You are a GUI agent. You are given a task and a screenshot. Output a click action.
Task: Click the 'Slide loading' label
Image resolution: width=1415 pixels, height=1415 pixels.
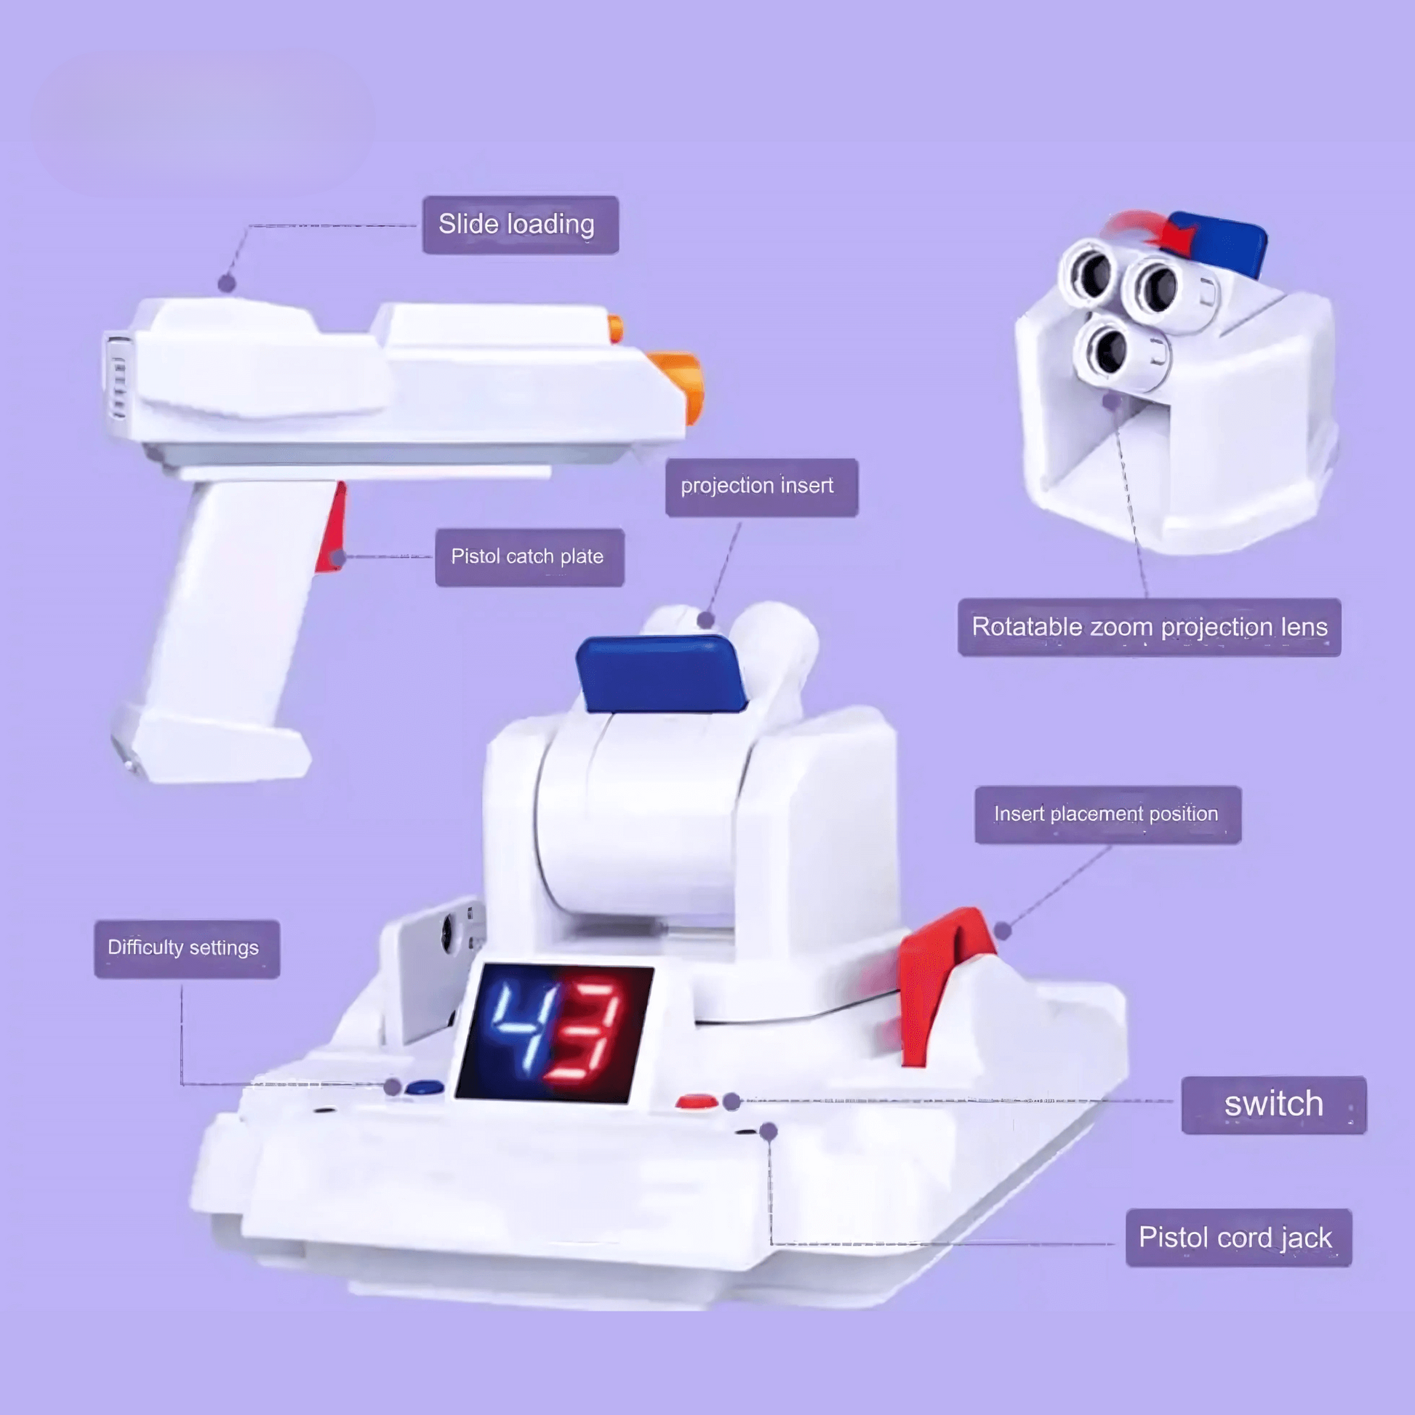click(520, 225)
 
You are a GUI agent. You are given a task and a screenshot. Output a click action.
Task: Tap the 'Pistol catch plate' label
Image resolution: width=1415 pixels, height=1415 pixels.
click(529, 557)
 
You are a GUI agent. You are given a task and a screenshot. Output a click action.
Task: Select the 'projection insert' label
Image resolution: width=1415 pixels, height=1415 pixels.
click(762, 487)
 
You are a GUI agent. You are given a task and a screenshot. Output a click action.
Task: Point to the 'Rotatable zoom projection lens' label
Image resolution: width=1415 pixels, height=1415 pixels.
click(1149, 627)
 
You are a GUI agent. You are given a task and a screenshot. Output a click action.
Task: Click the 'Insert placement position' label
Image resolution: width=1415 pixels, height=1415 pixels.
click(1107, 814)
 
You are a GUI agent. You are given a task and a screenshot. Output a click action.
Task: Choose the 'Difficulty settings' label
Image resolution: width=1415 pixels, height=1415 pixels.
click(187, 948)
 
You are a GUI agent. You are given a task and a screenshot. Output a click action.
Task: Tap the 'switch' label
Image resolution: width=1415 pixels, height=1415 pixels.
click(1274, 1105)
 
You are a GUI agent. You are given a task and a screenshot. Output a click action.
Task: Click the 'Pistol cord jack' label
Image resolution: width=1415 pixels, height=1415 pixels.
click(1238, 1237)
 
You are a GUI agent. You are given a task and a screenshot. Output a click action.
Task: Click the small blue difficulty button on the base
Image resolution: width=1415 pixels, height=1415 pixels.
click(425, 1087)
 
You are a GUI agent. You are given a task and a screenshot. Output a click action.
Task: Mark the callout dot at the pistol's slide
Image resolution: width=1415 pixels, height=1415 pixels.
click(227, 283)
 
